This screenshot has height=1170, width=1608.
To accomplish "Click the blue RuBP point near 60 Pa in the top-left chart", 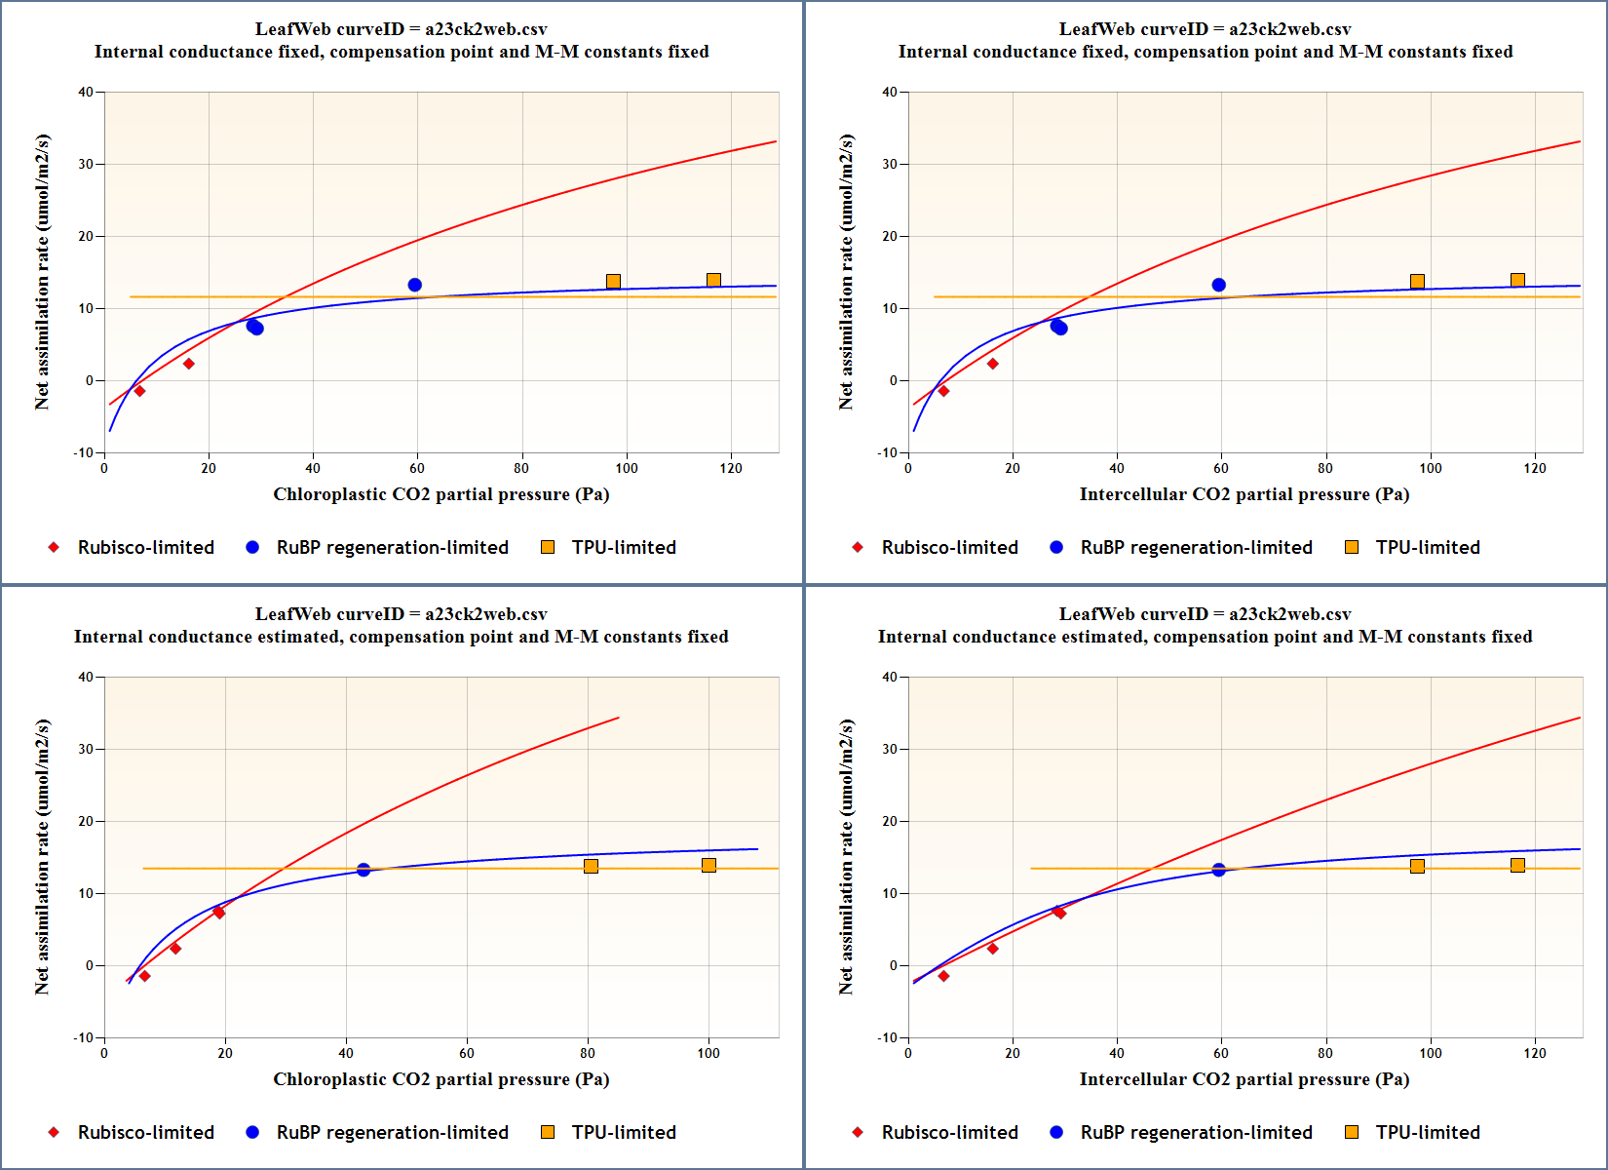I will tap(415, 285).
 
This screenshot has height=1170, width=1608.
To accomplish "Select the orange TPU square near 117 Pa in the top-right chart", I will tap(1517, 281).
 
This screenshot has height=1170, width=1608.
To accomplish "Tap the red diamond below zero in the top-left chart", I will tap(139, 391).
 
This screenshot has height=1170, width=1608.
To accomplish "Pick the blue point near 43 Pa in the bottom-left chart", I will tap(364, 870).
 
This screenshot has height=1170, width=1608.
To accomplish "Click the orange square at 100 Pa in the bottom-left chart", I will tap(708, 866).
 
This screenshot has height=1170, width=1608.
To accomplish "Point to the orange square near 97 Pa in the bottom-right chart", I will tap(1417, 866).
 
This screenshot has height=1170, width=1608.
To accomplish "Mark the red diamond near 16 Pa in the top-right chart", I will tap(992, 364).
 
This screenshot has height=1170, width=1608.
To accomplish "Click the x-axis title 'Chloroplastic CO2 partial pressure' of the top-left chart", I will tap(440, 494).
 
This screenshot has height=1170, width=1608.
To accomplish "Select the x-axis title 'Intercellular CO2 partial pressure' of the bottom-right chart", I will tap(1244, 1079).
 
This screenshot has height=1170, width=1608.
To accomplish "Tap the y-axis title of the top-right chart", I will tap(846, 272).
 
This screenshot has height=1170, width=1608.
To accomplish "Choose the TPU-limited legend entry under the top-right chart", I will tap(1427, 548).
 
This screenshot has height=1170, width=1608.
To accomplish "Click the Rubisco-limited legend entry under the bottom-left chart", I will tap(145, 1133).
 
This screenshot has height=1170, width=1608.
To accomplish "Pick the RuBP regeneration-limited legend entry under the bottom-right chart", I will tap(1196, 1133).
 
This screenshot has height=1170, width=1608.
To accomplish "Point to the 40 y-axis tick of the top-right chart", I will tap(890, 93).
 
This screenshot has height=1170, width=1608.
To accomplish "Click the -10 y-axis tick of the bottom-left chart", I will tap(83, 1037).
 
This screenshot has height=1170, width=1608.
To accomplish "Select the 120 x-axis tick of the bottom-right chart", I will tap(1535, 1053).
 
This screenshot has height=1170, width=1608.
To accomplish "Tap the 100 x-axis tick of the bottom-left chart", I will tap(708, 1053).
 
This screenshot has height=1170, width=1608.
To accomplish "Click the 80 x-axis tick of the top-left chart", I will tap(521, 468).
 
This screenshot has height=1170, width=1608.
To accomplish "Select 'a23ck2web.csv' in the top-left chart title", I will tap(485, 29).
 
